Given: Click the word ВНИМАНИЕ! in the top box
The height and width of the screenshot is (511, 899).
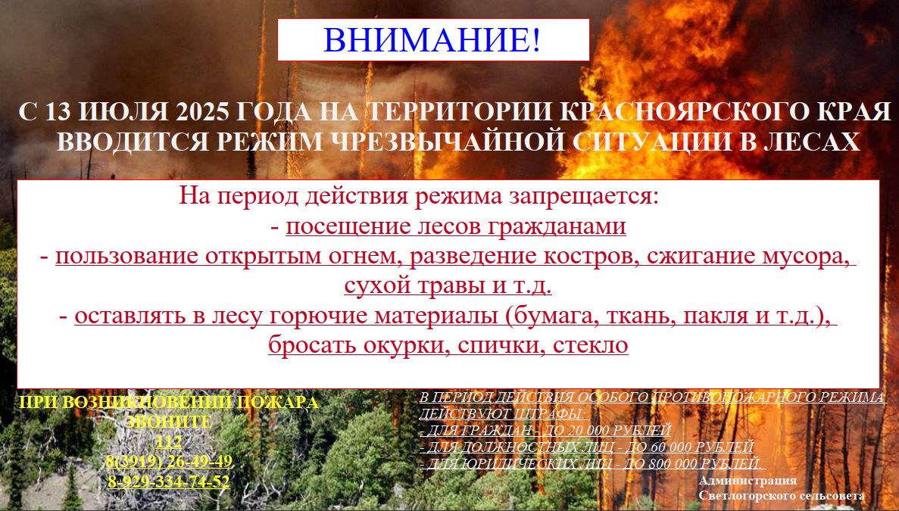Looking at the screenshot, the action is (x=432, y=39).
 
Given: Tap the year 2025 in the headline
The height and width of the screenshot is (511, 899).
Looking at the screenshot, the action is (x=203, y=112).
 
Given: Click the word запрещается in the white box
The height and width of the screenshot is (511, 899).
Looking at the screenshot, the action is (x=580, y=197).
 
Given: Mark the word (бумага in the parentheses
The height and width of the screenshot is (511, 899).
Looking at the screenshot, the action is (x=550, y=316).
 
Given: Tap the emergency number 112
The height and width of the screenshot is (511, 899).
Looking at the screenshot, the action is (x=169, y=441).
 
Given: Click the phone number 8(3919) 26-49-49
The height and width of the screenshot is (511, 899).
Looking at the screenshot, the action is (x=169, y=461).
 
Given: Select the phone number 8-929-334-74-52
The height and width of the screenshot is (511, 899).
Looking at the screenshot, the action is (x=169, y=481).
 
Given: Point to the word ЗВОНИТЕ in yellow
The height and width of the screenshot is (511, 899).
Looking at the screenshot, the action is (x=169, y=422).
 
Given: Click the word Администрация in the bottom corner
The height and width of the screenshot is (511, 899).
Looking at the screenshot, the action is (x=748, y=481).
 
